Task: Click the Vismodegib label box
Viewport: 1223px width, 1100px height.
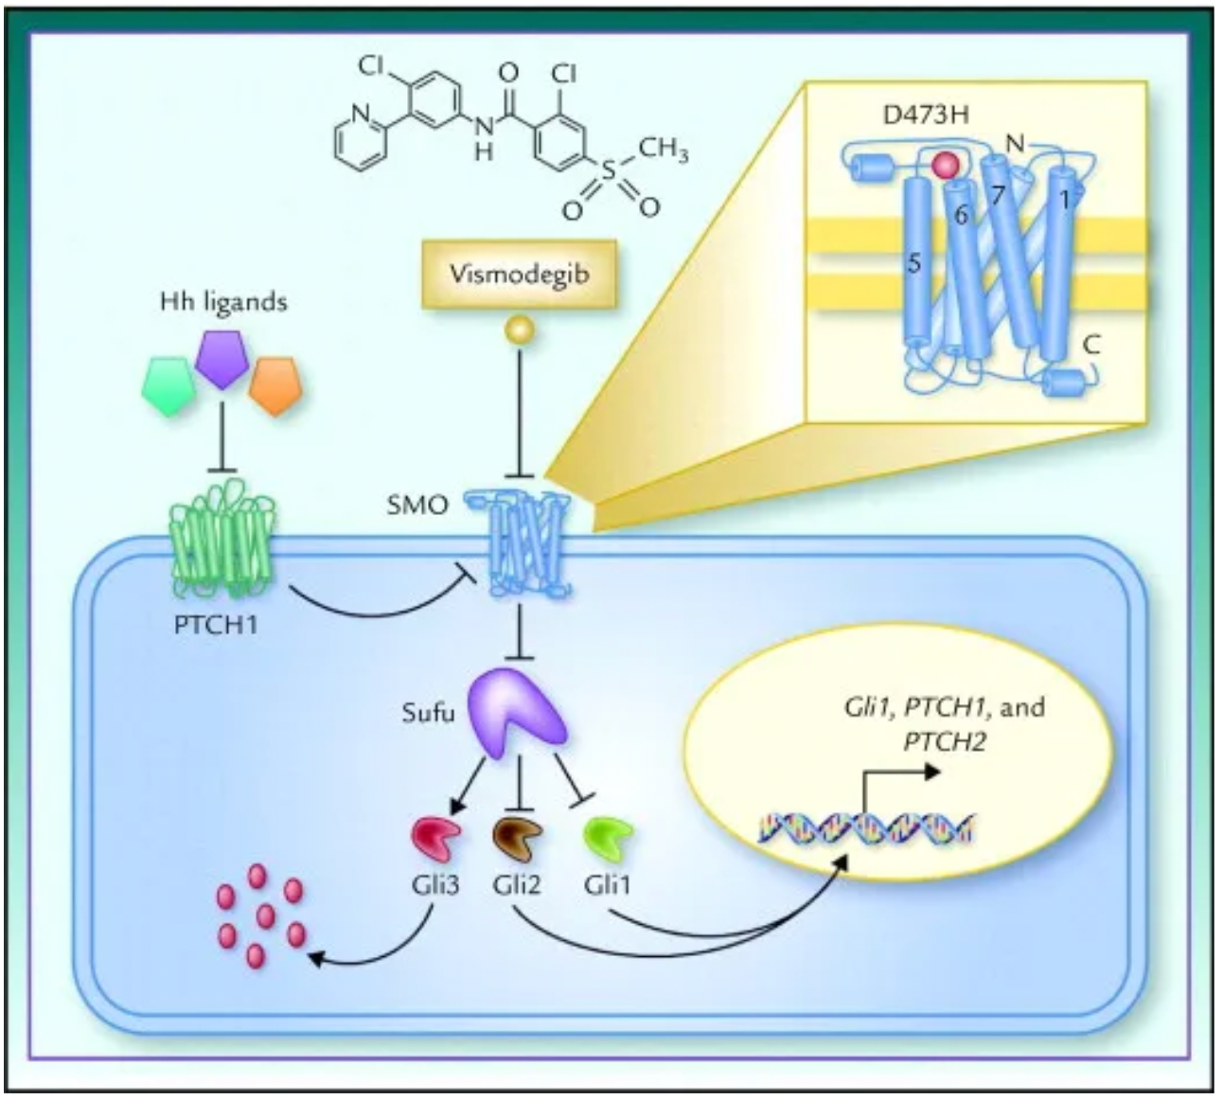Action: point(519,274)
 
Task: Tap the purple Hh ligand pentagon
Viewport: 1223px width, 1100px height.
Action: point(222,360)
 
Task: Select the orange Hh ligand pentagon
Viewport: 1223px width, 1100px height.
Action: point(276,386)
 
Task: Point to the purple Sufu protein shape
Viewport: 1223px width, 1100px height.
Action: point(518,712)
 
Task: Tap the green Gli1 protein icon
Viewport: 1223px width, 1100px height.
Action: point(609,839)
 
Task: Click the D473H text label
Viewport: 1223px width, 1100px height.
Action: point(926,115)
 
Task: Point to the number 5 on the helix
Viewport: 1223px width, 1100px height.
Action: point(913,265)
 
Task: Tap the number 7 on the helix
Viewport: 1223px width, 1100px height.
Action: point(998,196)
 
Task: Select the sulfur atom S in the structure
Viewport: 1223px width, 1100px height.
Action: point(609,170)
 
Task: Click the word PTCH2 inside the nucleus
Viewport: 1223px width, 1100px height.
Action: point(945,742)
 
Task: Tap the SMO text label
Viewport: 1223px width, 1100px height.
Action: point(417,505)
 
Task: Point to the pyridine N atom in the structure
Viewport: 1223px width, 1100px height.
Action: point(363,113)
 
